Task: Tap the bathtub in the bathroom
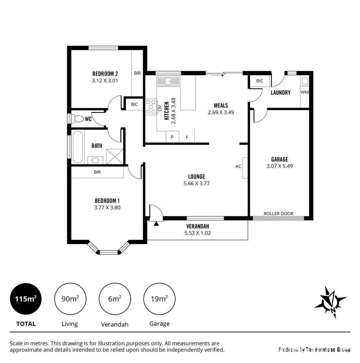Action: coord(77,147)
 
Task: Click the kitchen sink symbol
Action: coord(168,81)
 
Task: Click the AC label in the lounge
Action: coord(238,166)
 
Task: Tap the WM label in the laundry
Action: coord(304,92)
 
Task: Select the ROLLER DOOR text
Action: coord(278,213)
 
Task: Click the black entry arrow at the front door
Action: coord(156,224)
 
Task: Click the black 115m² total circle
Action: coord(26,299)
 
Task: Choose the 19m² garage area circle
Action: coord(159,299)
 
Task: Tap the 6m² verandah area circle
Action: coord(115,299)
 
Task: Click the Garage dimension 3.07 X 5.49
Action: coord(279,166)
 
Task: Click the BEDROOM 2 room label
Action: coord(105,74)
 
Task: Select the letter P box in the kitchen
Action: coord(172,137)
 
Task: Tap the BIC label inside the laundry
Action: coord(260,81)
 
